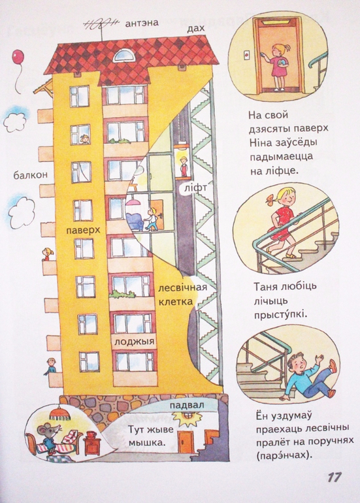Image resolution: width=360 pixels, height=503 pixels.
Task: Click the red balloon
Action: click(x=18, y=57)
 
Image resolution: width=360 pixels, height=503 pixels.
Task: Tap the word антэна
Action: click(x=142, y=23)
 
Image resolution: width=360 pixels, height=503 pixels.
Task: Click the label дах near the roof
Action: click(x=195, y=29)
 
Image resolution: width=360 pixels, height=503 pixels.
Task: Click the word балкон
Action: click(x=30, y=175)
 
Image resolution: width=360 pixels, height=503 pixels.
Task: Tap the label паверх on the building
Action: click(x=84, y=230)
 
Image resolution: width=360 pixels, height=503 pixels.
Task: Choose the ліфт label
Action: click(x=196, y=188)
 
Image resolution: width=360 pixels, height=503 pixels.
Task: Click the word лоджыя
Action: click(x=135, y=342)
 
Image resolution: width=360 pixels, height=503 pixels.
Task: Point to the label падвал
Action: click(x=187, y=405)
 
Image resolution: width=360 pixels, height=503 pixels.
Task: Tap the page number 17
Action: click(x=334, y=477)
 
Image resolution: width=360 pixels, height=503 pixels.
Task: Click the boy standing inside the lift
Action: click(x=183, y=166)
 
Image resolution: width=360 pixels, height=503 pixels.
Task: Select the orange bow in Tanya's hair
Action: click(x=269, y=199)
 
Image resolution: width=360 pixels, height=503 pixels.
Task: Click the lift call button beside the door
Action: click(x=246, y=55)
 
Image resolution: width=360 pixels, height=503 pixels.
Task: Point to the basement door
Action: click(x=186, y=442)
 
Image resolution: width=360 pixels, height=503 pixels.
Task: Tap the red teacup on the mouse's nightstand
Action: click(x=91, y=434)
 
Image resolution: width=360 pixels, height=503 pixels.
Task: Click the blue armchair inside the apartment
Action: click(x=135, y=221)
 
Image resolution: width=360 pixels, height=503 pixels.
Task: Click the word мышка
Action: click(x=147, y=443)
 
